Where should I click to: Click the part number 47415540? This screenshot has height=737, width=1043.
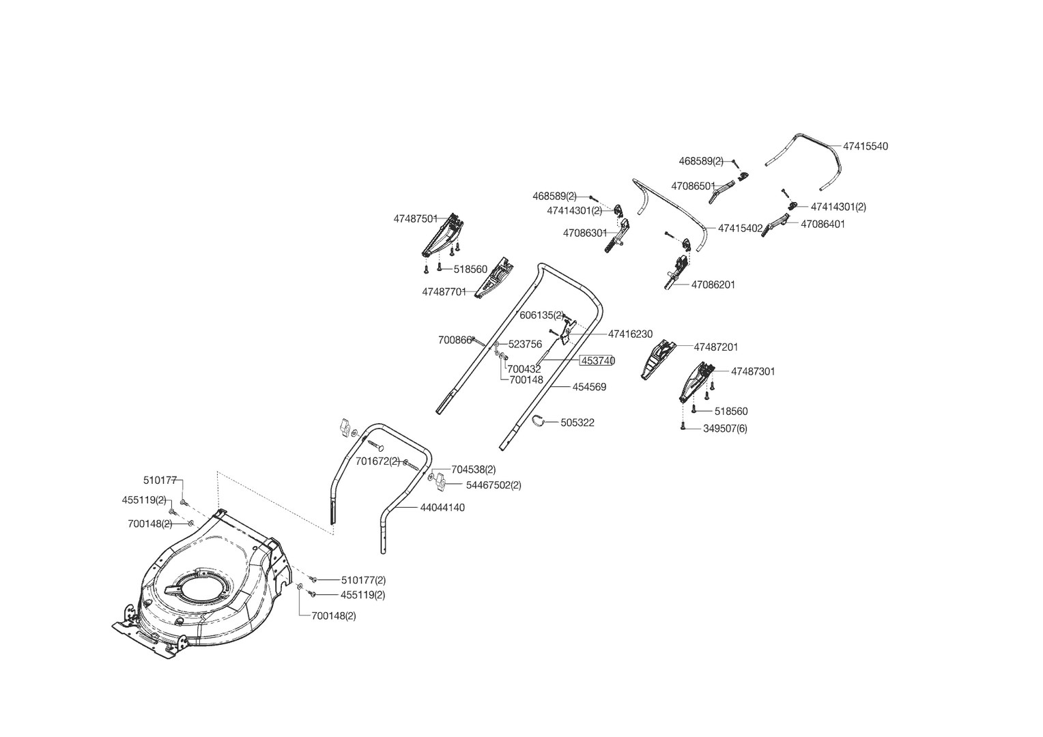click(866, 146)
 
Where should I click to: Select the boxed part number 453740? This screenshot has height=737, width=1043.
click(598, 361)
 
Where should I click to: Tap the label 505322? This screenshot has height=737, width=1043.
click(577, 422)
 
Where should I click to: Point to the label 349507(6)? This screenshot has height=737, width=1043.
click(725, 429)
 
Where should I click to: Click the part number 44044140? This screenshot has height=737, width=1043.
click(442, 508)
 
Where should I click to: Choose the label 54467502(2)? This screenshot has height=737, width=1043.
click(494, 485)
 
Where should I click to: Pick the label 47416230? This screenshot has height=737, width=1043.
click(631, 334)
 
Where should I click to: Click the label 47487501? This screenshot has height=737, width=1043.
click(416, 219)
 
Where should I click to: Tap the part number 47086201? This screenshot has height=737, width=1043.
click(713, 285)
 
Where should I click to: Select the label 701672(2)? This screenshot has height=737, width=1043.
click(377, 461)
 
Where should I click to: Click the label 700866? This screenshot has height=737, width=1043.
click(455, 341)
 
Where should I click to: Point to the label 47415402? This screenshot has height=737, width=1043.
click(741, 228)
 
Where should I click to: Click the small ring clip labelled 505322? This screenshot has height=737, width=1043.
click(539, 420)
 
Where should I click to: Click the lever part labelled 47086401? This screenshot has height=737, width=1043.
click(775, 225)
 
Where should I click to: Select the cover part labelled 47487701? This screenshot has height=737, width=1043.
click(494, 277)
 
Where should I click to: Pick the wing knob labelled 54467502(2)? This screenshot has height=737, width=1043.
click(440, 482)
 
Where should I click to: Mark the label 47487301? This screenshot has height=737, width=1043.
click(753, 371)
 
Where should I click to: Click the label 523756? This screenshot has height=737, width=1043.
click(525, 345)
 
